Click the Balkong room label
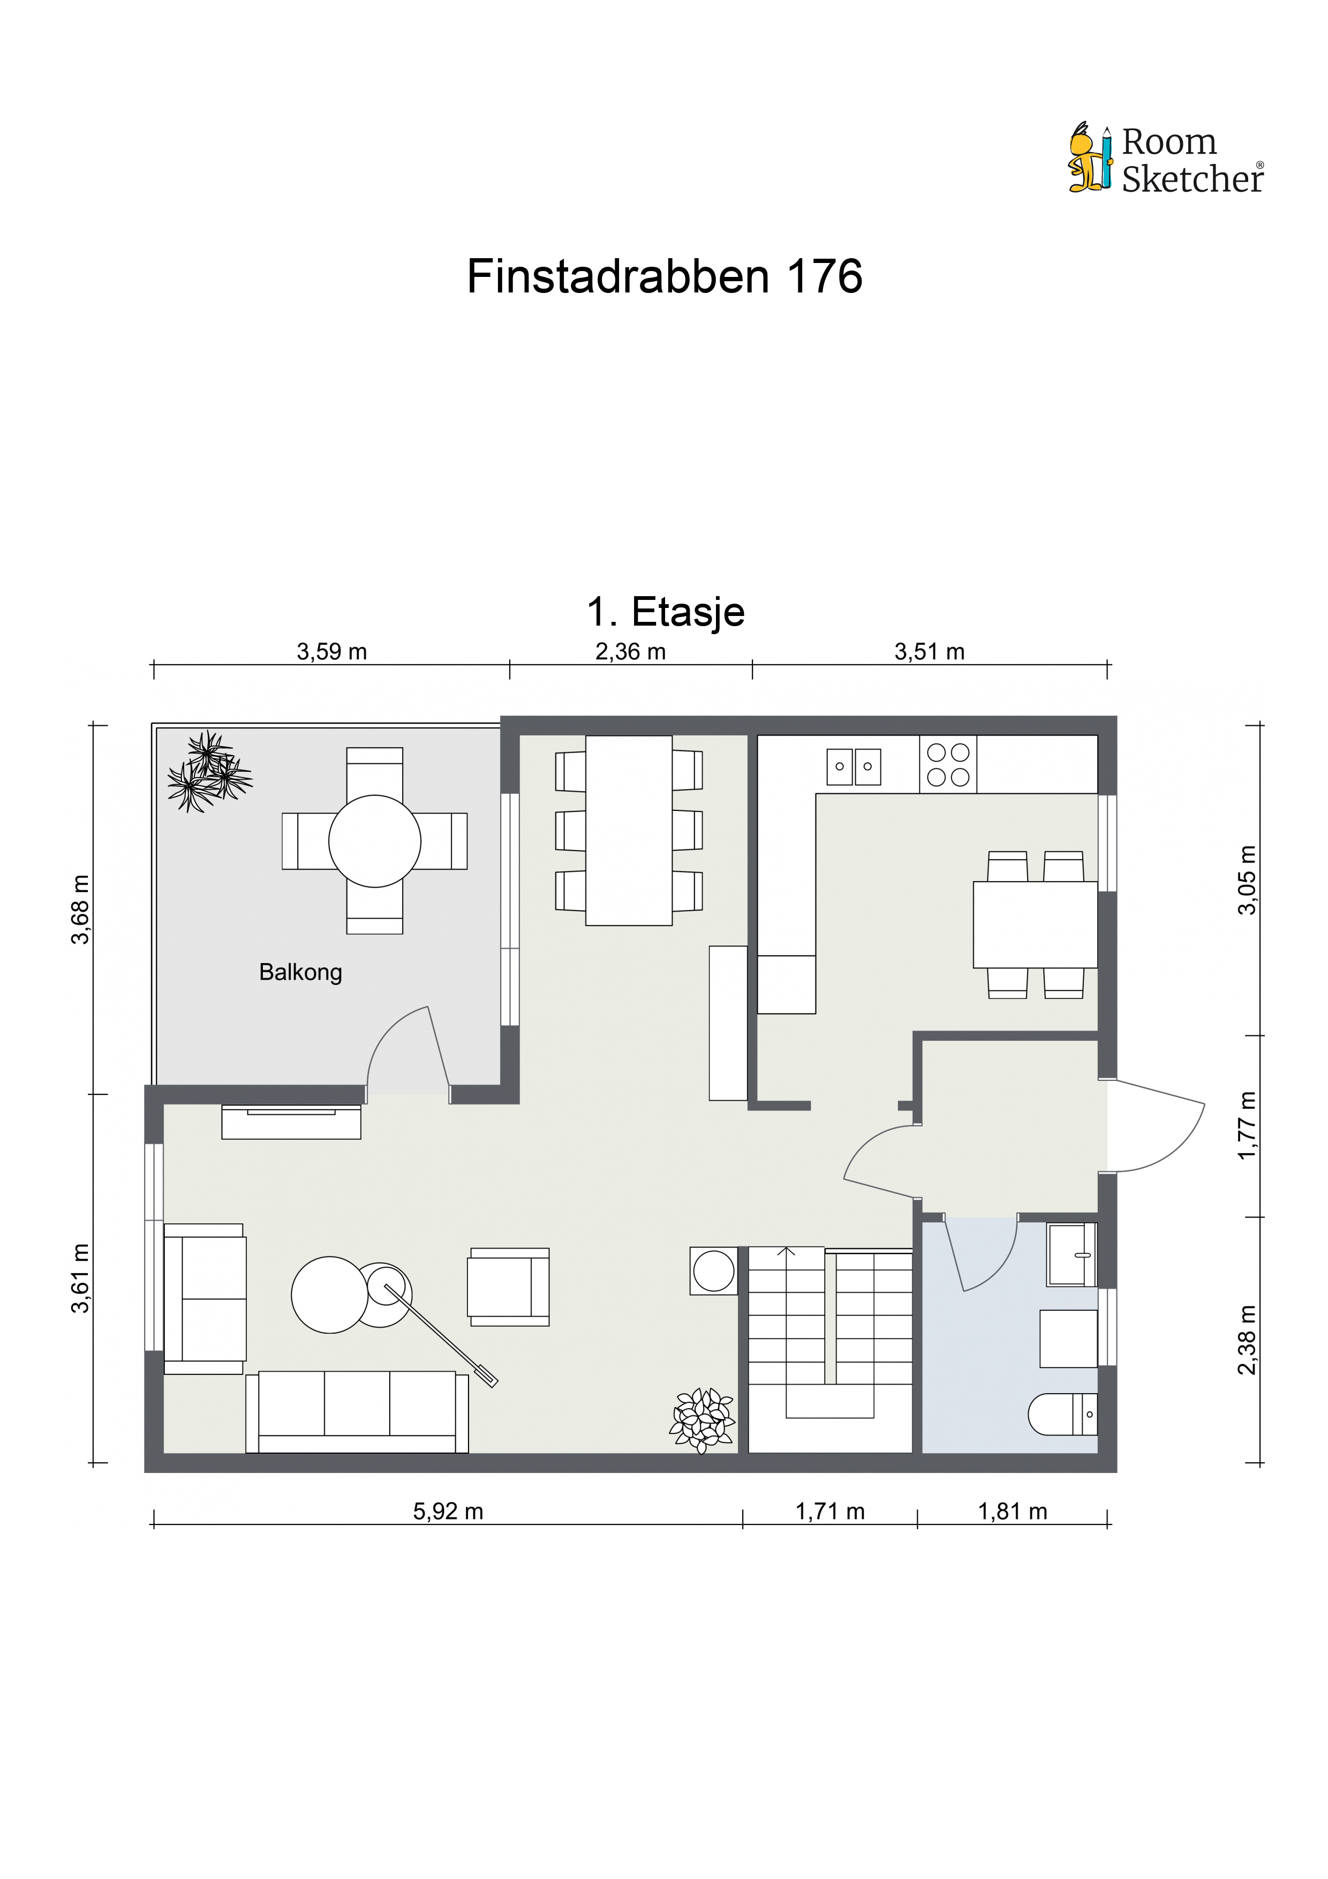pyautogui.click(x=300, y=972)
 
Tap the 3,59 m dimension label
pyautogui.click(x=331, y=652)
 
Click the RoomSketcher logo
pyautogui.click(x=1166, y=159)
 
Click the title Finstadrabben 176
pyautogui.click(x=665, y=276)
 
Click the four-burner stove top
pyautogui.click(x=947, y=764)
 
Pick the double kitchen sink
pyautogui.click(x=854, y=767)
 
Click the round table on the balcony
pyautogui.click(x=375, y=841)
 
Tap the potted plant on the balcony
pyautogui.click(x=209, y=771)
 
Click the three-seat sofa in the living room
pyautogui.click(x=357, y=1412)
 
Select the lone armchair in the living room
pyautogui.click(x=508, y=1287)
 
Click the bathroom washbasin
pyautogui.click(x=1072, y=1254)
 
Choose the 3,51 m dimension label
pyautogui.click(x=930, y=652)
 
